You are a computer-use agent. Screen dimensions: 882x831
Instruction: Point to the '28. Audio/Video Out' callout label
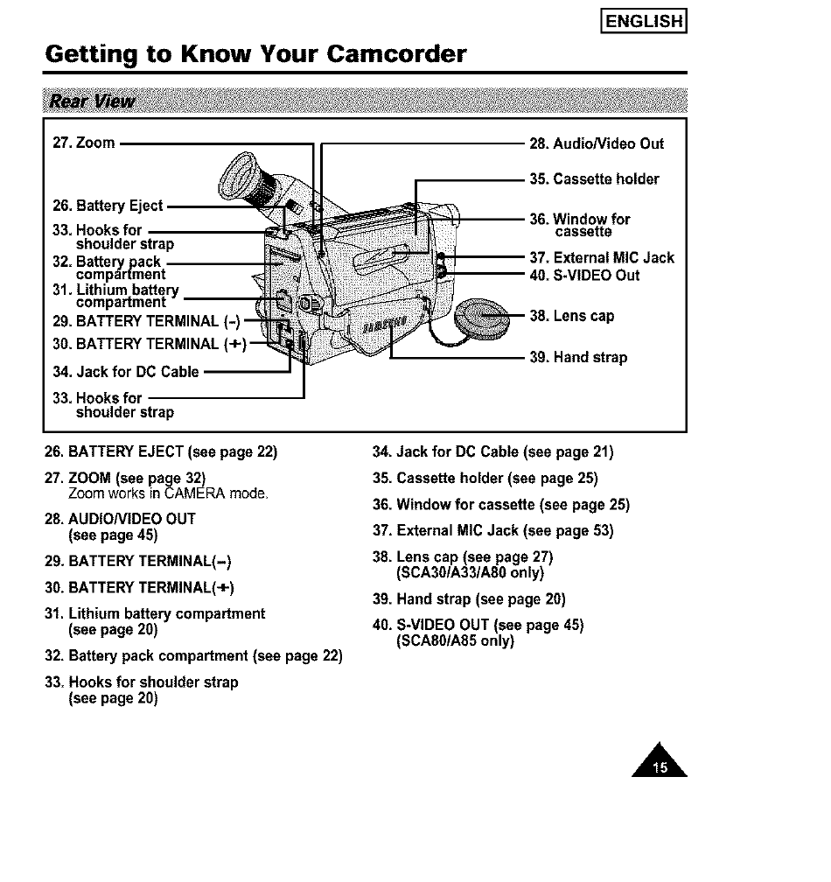[x=597, y=143]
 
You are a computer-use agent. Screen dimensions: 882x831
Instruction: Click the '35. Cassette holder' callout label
[x=594, y=179]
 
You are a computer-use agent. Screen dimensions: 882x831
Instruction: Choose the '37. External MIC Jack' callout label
[x=602, y=257]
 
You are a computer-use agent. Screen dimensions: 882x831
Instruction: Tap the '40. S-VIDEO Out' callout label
[x=585, y=276]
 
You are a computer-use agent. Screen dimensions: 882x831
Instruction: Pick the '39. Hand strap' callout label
[x=578, y=357]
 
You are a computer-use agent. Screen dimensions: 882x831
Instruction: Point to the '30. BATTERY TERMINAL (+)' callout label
[x=145, y=342]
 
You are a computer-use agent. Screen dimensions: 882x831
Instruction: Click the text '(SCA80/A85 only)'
[x=455, y=640]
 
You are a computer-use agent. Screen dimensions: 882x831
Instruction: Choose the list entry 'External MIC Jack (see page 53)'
[x=492, y=530]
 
